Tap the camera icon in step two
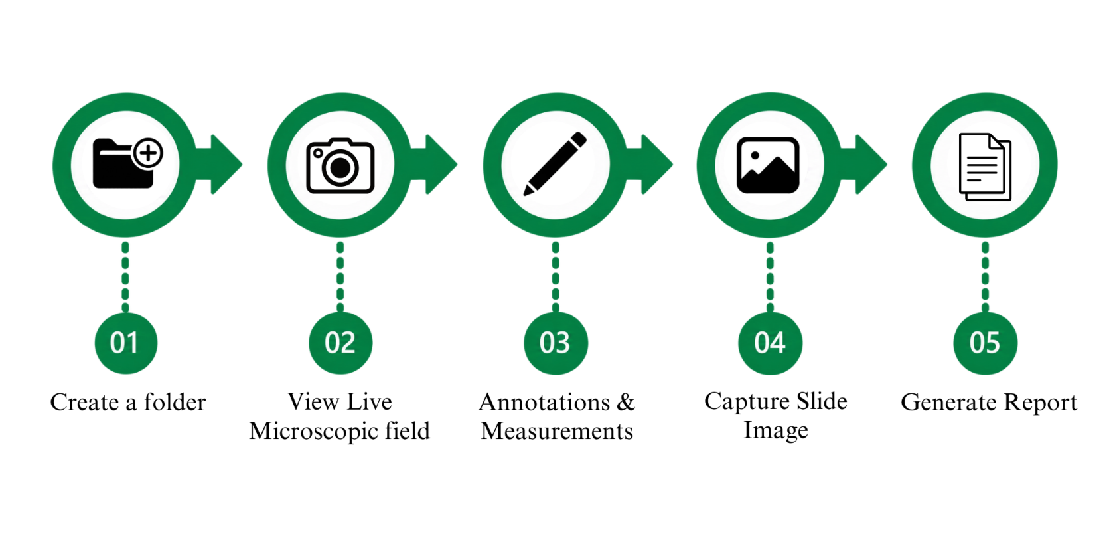[340, 166]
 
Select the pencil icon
[555, 163]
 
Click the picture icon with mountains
[768, 165]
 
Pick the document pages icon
[985, 167]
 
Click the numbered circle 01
[125, 343]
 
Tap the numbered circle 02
[340, 343]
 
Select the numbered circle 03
[556, 343]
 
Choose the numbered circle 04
[770, 343]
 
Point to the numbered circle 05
[985, 343]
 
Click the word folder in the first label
[175, 401]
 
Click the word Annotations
[544, 402]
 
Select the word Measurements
[557, 431]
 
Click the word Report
[1040, 403]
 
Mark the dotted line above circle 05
[985, 277]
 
